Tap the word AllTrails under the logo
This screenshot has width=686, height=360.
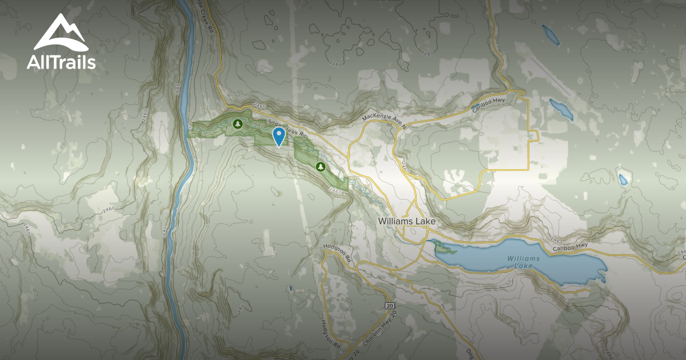pos(61,62)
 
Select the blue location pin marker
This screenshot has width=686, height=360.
pos(279,136)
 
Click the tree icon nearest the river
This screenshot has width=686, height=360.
pos(237,123)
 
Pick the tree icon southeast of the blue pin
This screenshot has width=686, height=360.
pos(321,166)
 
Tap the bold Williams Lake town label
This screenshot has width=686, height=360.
pos(407,221)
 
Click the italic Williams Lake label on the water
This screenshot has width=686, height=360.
pos(523,262)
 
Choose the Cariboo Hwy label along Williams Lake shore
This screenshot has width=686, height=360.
pos(570,246)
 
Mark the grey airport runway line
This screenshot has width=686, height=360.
pos(545,77)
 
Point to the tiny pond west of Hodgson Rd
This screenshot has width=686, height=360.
pos(290,288)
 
